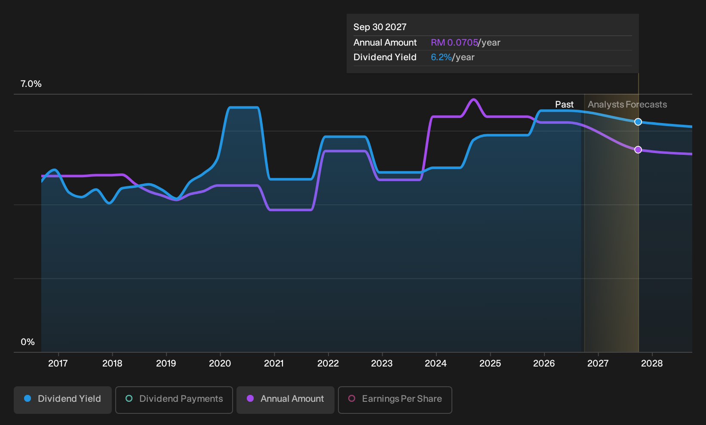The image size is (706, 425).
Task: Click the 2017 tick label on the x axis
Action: (58, 363)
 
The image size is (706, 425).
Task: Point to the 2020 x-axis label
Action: (220, 363)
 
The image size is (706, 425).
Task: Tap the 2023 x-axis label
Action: (382, 363)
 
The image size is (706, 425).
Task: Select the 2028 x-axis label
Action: (652, 363)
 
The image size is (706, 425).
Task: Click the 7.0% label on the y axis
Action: (31, 84)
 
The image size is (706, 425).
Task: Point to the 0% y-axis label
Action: (28, 342)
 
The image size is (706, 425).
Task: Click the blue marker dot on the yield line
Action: (638, 122)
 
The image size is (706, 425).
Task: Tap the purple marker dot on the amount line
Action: (638, 149)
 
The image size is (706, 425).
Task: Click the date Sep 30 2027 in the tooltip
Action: (380, 27)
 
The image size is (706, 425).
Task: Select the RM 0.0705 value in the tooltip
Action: (454, 43)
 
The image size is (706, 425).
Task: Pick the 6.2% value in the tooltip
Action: (441, 57)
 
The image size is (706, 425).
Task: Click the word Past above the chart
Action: (564, 105)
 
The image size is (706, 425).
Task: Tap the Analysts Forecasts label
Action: (627, 105)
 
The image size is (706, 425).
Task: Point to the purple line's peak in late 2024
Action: (473, 100)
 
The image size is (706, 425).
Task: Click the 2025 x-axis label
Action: (490, 363)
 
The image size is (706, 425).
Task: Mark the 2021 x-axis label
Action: (274, 363)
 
